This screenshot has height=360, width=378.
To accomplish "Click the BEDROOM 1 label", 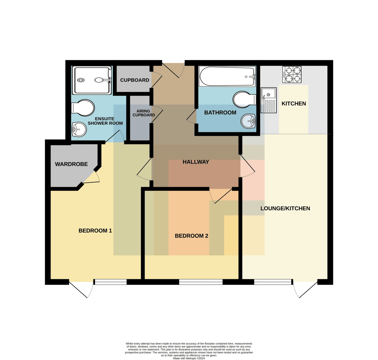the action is coord(95,230).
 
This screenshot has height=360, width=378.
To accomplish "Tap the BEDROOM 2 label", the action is coord(192,236).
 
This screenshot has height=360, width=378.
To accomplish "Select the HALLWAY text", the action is coord(196,162).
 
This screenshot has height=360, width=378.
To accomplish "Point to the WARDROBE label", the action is coord(71,164).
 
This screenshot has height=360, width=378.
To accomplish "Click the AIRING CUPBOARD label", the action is coord(144,113).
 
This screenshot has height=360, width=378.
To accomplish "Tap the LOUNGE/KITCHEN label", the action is coord(285,208).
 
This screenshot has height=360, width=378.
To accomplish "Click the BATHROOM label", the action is coord(220,113).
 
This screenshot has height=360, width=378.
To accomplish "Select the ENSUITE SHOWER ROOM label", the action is coord(105,121).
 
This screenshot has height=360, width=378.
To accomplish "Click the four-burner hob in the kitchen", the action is coord(292,75).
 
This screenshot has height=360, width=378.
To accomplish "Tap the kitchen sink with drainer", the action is coord(269,100).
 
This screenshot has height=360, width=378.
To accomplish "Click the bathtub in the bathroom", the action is coord(227,76).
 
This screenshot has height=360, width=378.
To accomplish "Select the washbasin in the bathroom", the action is coord(248,121).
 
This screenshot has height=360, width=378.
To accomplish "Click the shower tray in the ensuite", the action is coord(92,80).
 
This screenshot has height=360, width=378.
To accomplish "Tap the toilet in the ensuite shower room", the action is coord(83,108).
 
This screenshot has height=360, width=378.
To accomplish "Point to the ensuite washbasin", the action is coord(79,130).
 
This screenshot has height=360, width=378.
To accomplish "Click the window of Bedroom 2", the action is coord(201,282).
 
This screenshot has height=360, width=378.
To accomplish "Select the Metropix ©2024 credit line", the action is coord(189,358).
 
